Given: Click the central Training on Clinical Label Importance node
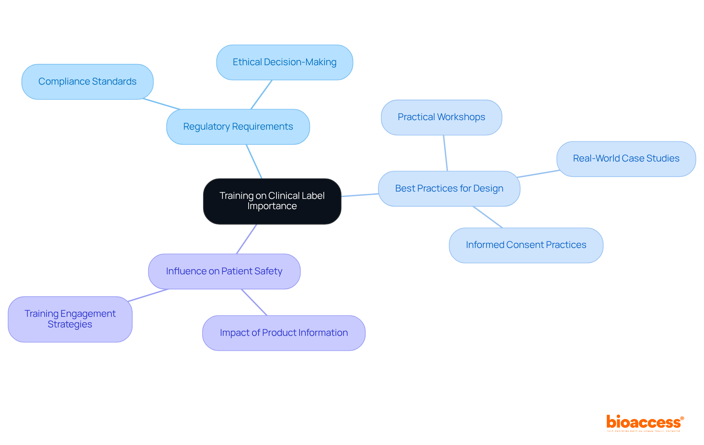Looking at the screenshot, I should pos(272,201).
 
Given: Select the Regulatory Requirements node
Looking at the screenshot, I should pos(238,127).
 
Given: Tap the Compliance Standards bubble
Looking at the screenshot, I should pos(87,82).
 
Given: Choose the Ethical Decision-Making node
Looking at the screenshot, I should pos(285,62).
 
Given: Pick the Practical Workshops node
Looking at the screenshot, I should pos(441,117).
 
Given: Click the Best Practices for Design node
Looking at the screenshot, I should pos(449,189).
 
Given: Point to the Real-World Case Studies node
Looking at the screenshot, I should pos(626,159).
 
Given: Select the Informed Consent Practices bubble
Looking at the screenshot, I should pos(526,245).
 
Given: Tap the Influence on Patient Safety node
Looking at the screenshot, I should pos(224,271).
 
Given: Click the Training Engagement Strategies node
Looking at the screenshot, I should pos(70,319).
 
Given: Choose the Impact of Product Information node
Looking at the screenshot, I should pos(283,333).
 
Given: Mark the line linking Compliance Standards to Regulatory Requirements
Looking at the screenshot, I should pos(162,104).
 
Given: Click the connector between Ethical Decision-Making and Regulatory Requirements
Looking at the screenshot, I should pos(261,94).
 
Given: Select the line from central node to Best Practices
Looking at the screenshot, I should pos(360,195).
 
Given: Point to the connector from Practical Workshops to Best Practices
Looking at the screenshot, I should pos(445,153).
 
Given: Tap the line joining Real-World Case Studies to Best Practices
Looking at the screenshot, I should pos(538,174).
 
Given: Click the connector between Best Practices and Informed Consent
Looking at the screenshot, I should pos(488,217).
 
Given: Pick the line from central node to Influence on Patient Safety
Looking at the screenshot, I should pos(246,239).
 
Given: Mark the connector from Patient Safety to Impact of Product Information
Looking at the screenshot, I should pos(254,302).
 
